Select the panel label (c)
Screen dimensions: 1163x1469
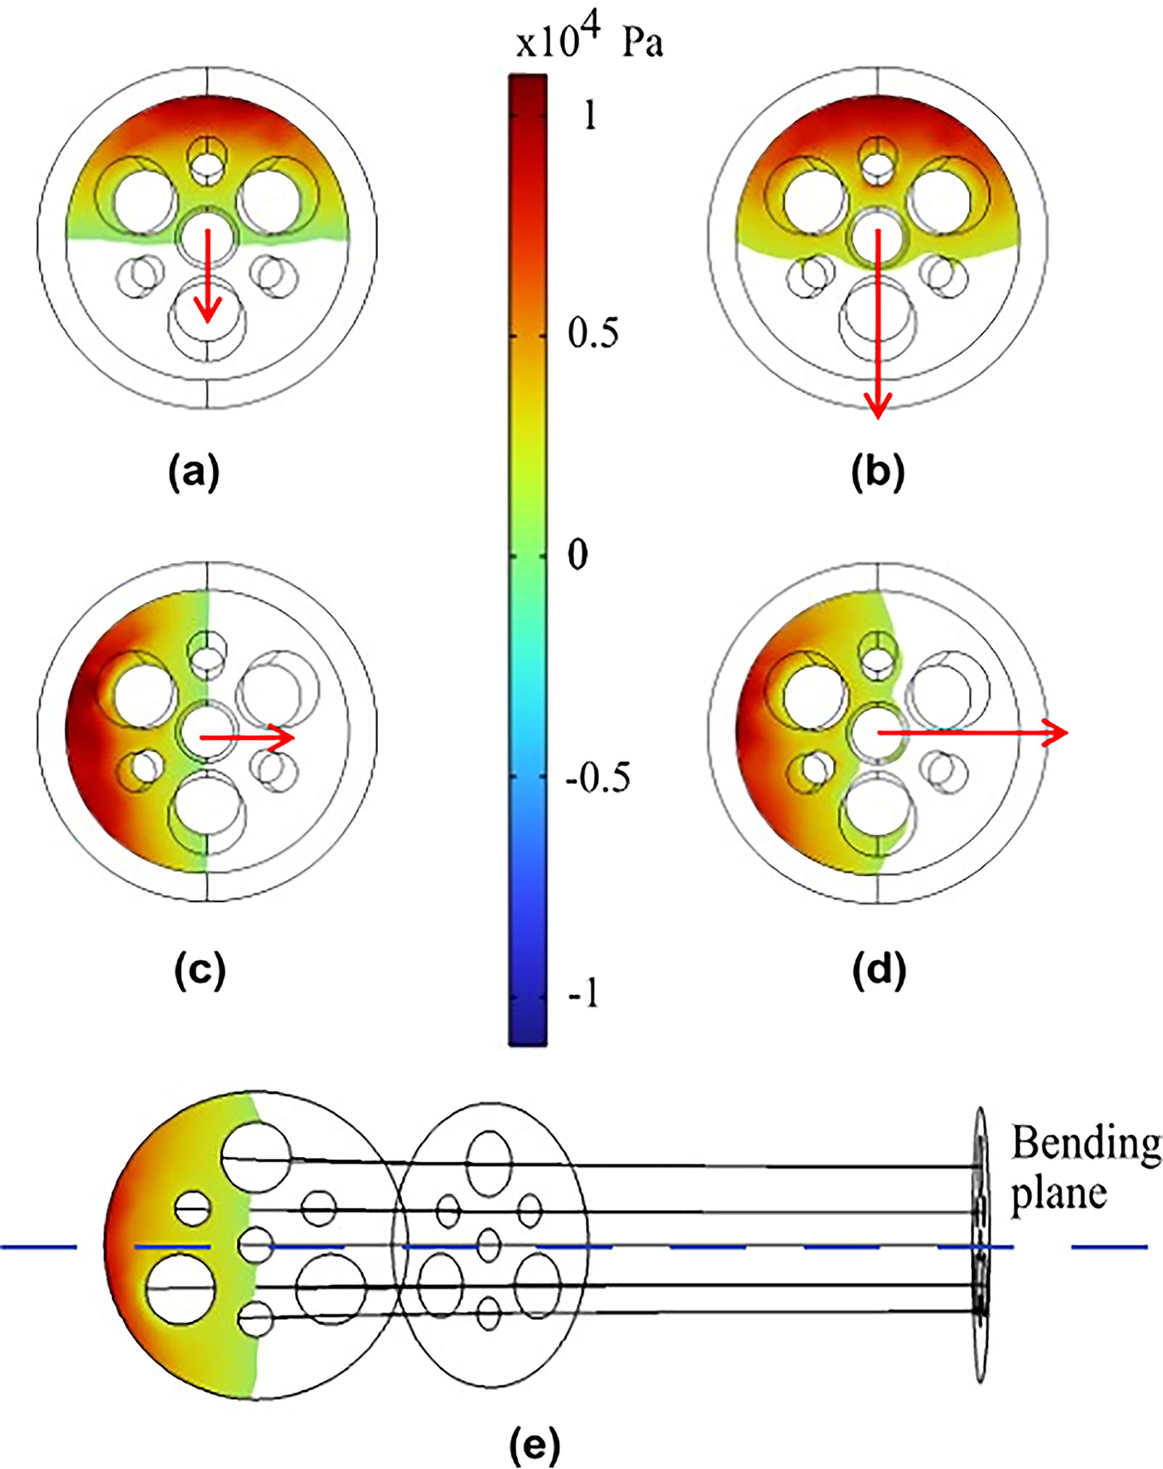click(201, 971)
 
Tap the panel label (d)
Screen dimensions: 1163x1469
click(879, 971)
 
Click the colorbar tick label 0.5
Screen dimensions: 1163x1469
click(593, 334)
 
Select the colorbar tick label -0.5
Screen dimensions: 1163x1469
click(598, 778)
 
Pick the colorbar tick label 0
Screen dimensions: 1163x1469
click(578, 555)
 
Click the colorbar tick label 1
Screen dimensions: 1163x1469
click(590, 115)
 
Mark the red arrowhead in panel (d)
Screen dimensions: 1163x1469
click(1055, 732)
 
